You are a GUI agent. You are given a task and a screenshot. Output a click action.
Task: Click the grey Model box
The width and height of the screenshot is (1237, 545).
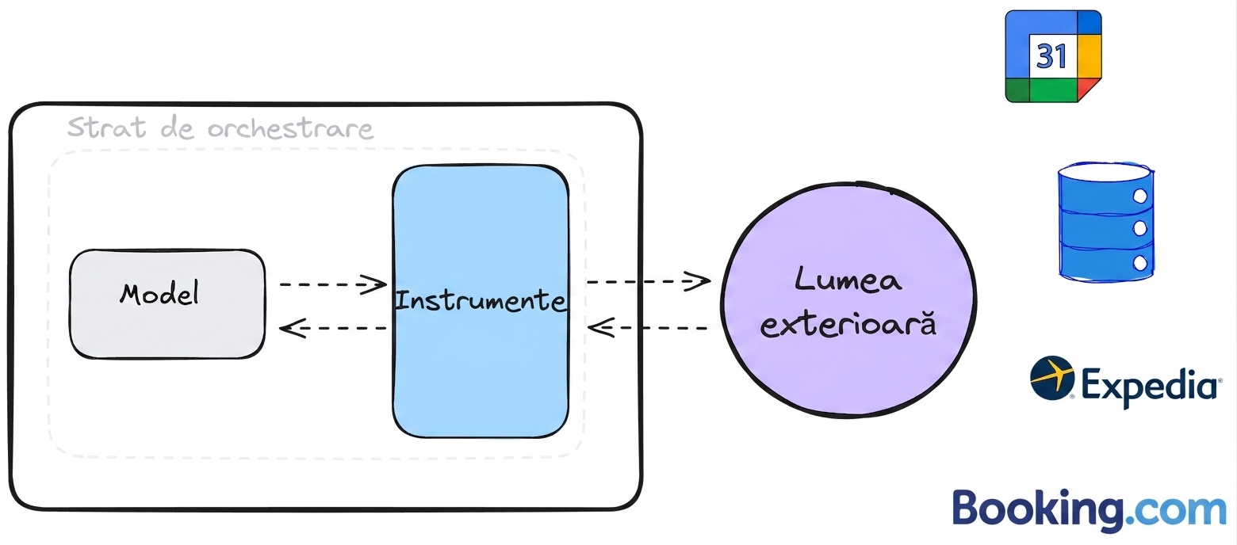(x=167, y=304)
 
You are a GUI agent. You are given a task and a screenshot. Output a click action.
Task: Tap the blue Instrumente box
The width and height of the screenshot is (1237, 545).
(x=481, y=301)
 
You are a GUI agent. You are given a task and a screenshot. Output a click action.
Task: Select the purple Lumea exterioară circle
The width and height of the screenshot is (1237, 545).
(x=848, y=300)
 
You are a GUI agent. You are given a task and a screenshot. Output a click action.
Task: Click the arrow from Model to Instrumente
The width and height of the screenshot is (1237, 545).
(x=333, y=284)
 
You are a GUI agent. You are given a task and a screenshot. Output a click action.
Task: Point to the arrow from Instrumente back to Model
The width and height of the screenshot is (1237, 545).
(x=333, y=328)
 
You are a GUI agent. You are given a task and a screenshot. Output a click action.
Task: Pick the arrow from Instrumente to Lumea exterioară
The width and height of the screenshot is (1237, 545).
(x=649, y=281)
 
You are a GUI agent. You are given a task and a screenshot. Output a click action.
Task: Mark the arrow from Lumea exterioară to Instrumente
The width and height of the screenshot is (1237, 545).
(x=648, y=328)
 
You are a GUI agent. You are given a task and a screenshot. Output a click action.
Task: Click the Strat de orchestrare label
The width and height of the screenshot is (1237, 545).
(x=220, y=128)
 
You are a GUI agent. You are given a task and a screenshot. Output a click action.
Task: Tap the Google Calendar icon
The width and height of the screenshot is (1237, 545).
(x=1053, y=56)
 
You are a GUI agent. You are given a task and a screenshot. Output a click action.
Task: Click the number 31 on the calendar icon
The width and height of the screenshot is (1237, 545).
(x=1051, y=55)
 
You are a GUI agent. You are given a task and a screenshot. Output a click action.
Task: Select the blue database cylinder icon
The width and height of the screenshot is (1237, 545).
(x=1106, y=222)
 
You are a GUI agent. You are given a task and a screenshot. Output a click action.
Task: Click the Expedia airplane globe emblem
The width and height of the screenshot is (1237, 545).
(x=1052, y=377)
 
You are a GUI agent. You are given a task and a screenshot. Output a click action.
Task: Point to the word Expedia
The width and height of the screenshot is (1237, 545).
(x=1149, y=386)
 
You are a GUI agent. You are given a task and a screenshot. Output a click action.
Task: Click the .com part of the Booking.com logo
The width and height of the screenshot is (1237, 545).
(x=1176, y=511)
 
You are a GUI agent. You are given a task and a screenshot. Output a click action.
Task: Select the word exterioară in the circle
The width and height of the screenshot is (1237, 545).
(x=848, y=324)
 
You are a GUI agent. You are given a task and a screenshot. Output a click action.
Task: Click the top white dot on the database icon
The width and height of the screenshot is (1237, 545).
(x=1139, y=196)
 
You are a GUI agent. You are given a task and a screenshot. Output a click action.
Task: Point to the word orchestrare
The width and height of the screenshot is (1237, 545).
(x=290, y=128)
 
